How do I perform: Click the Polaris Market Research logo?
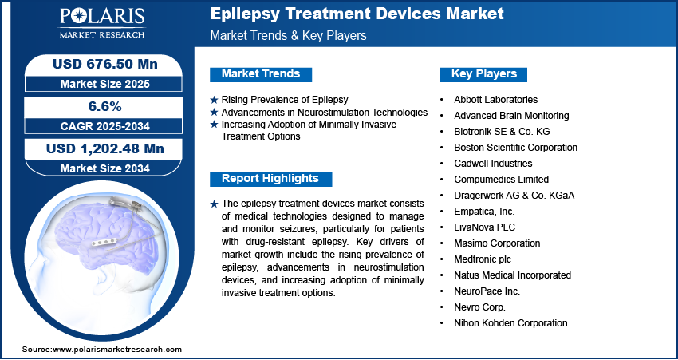click(102, 23)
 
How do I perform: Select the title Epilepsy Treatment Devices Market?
click(357, 14)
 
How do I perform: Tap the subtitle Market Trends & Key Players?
click(288, 35)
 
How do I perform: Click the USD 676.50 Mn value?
click(104, 64)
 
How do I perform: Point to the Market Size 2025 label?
click(104, 84)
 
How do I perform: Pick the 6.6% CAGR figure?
click(104, 106)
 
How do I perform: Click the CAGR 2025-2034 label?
click(104, 126)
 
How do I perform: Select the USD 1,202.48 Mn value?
click(104, 148)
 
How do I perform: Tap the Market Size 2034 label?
click(104, 168)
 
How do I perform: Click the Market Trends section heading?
click(261, 74)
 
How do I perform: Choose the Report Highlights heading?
click(270, 179)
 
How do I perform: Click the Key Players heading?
click(484, 74)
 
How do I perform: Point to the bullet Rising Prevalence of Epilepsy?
click(285, 100)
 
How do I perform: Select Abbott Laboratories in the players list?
click(495, 100)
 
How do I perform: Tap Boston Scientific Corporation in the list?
click(515, 148)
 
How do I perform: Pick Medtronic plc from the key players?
click(482, 259)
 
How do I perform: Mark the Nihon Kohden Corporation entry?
click(510, 322)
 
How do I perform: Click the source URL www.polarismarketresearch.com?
click(116, 350)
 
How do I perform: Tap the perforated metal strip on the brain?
click(104, 243)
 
